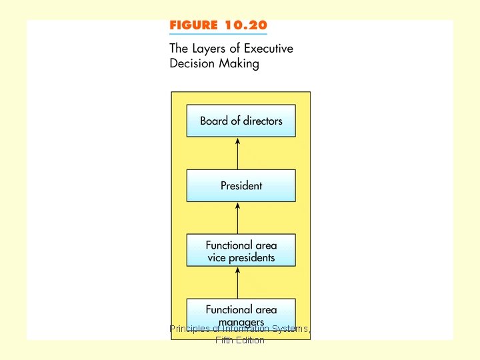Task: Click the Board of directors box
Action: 241,121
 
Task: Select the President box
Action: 241,185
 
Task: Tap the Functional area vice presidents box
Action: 241,251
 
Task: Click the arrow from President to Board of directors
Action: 238,153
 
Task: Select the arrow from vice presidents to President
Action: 238,218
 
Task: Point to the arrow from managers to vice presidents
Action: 238,283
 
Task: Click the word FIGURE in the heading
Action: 194,25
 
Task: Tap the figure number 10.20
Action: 245,25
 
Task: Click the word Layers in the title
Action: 209,48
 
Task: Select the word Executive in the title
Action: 268,48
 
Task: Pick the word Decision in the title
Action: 192,64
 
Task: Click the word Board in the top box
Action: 213,121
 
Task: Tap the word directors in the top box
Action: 263,121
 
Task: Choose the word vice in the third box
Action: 217,257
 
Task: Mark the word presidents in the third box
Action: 251,257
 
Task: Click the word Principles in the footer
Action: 190,329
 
